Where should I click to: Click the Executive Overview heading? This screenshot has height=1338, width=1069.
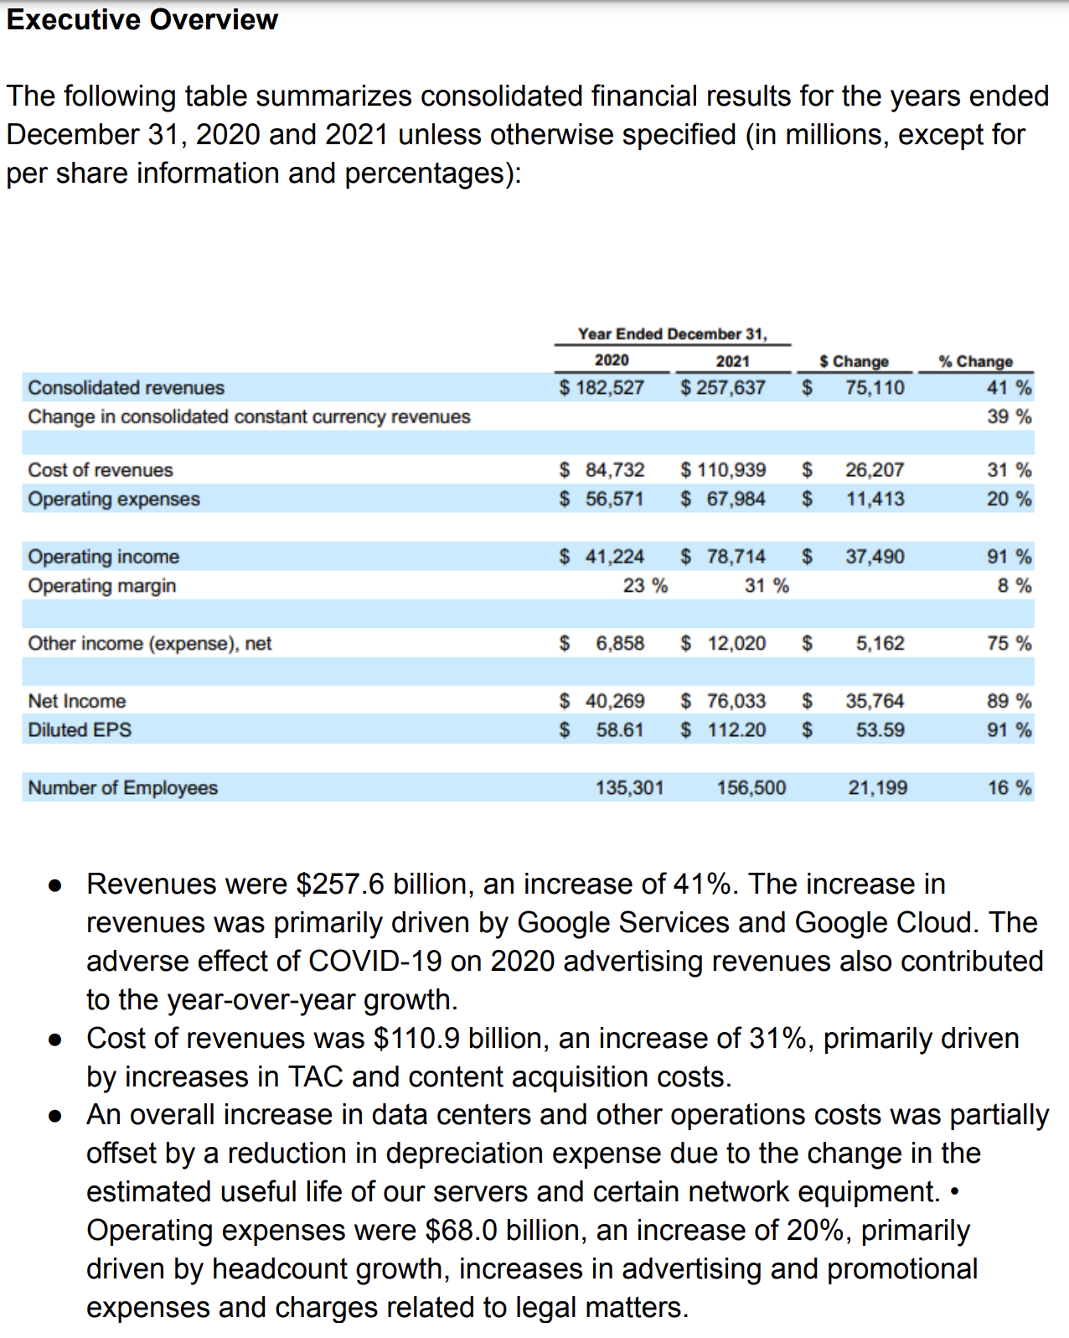click(142, 19)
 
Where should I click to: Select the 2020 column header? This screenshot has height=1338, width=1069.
click(612, 360)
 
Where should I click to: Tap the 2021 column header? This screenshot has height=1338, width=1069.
click(732, 360)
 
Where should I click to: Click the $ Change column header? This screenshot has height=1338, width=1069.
click(854, 361)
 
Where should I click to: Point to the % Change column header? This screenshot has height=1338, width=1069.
click(975, 361)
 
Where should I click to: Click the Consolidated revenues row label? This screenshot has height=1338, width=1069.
click(126, 387)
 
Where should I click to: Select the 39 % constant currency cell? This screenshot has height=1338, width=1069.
click(1009, 417)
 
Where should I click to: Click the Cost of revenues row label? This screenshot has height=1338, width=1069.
click(101, 470)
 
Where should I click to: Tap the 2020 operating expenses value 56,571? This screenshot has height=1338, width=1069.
click(615, 499)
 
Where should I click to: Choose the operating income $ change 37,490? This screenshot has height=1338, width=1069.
click(875, 557)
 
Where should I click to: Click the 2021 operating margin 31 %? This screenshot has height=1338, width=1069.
click(767, 585)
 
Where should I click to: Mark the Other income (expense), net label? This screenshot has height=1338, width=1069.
click(150, 643)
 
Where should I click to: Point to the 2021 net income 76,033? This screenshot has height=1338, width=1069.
click(736, 701)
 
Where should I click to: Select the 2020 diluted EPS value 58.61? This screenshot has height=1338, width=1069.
click(620, 730)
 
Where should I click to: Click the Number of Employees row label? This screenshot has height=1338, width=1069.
click(122, 788)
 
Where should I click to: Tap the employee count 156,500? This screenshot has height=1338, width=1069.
click(751, 788)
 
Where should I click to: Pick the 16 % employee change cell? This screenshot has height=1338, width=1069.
click(1009, 788)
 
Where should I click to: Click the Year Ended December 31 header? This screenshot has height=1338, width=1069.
click(672, 334)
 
